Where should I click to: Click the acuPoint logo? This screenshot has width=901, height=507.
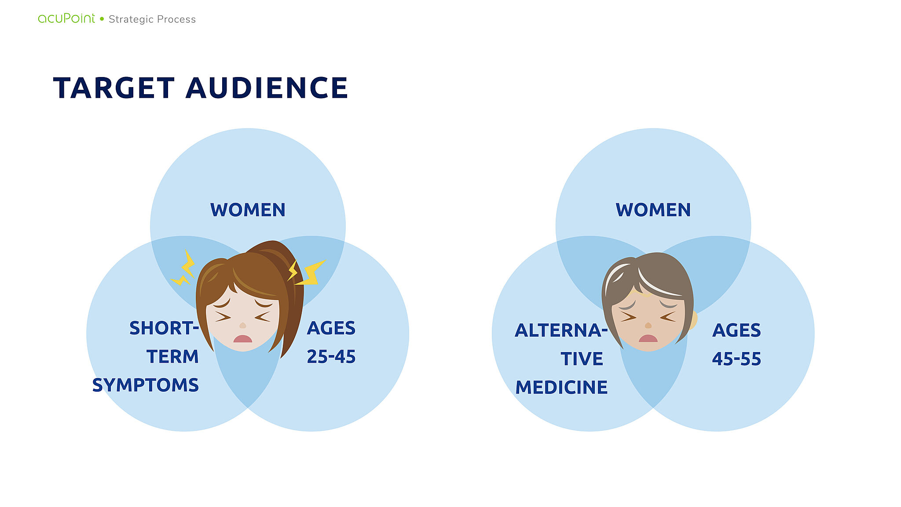[x=66, y=18]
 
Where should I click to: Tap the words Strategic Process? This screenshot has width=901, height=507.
[x=152, y=19]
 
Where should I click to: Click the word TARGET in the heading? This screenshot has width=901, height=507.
[x=114, y=88]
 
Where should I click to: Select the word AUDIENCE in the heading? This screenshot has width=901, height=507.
[x=267, y=88]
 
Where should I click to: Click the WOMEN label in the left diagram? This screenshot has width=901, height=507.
[x=248, y=210]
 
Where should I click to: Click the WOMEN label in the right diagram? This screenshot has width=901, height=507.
[x=653, y=210]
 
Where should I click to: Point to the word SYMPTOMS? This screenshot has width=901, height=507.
[x=146, y=385]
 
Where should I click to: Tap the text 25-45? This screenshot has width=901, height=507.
[x=331, y=356]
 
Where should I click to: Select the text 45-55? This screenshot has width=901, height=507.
[x=737, y=359]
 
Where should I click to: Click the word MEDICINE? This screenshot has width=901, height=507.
[x=561, y=387]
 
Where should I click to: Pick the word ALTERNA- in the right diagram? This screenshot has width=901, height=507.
[x=561, y=331]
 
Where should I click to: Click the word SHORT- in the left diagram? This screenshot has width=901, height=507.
[x=164, y=328]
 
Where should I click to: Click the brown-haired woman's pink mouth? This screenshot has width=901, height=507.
[x=242, y=338]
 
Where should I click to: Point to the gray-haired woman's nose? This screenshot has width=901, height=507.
[x=648, y=325]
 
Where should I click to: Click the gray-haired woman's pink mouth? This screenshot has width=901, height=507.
[x=648, y=338]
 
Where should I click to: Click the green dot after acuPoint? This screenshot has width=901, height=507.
[x=102, y=18]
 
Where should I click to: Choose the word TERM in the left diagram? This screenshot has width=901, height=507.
[x=172, y=356]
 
